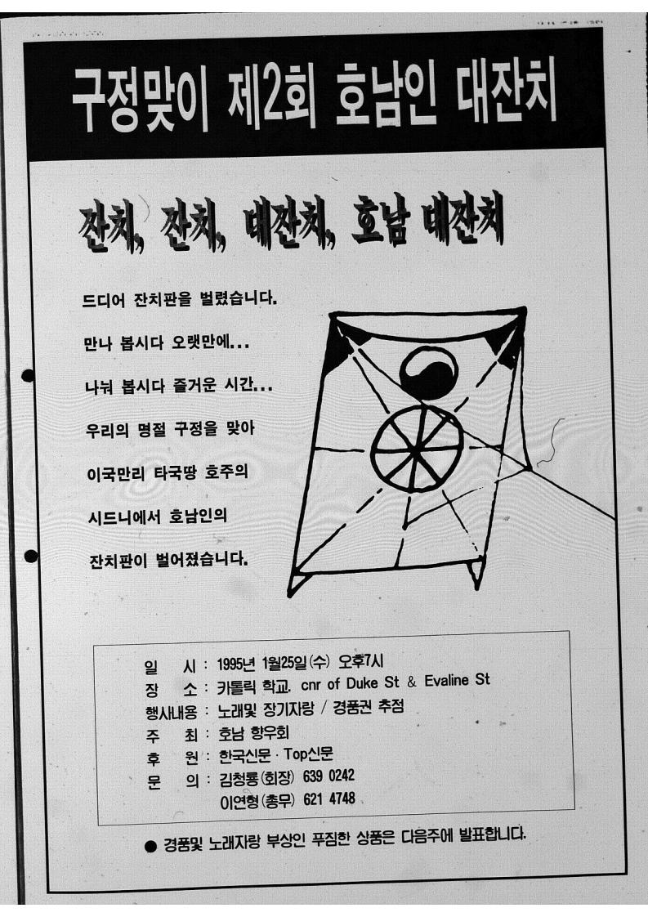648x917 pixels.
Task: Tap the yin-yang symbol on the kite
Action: [429, 373]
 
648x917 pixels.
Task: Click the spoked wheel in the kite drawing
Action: [417, 449]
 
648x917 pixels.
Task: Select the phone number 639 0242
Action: [328, 776]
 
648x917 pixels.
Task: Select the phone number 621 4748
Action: [328, 798]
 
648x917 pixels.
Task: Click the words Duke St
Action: [373, 683]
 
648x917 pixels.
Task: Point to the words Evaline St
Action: [457, 680]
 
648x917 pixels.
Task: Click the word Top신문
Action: [309, 754]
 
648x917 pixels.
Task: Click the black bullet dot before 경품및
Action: [151, 846]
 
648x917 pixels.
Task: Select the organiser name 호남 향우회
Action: [254, 733]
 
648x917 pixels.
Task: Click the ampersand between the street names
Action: [412, 682]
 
